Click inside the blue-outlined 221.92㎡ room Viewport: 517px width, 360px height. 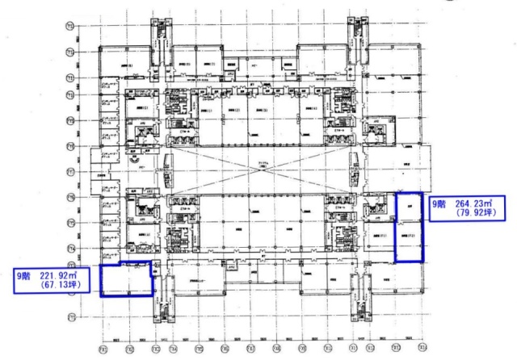tap(125, 280)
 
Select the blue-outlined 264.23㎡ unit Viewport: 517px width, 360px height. tap(408, 228)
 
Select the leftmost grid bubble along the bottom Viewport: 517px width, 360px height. tap(103, 349)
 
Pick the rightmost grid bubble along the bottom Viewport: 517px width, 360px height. tap(422, 349)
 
